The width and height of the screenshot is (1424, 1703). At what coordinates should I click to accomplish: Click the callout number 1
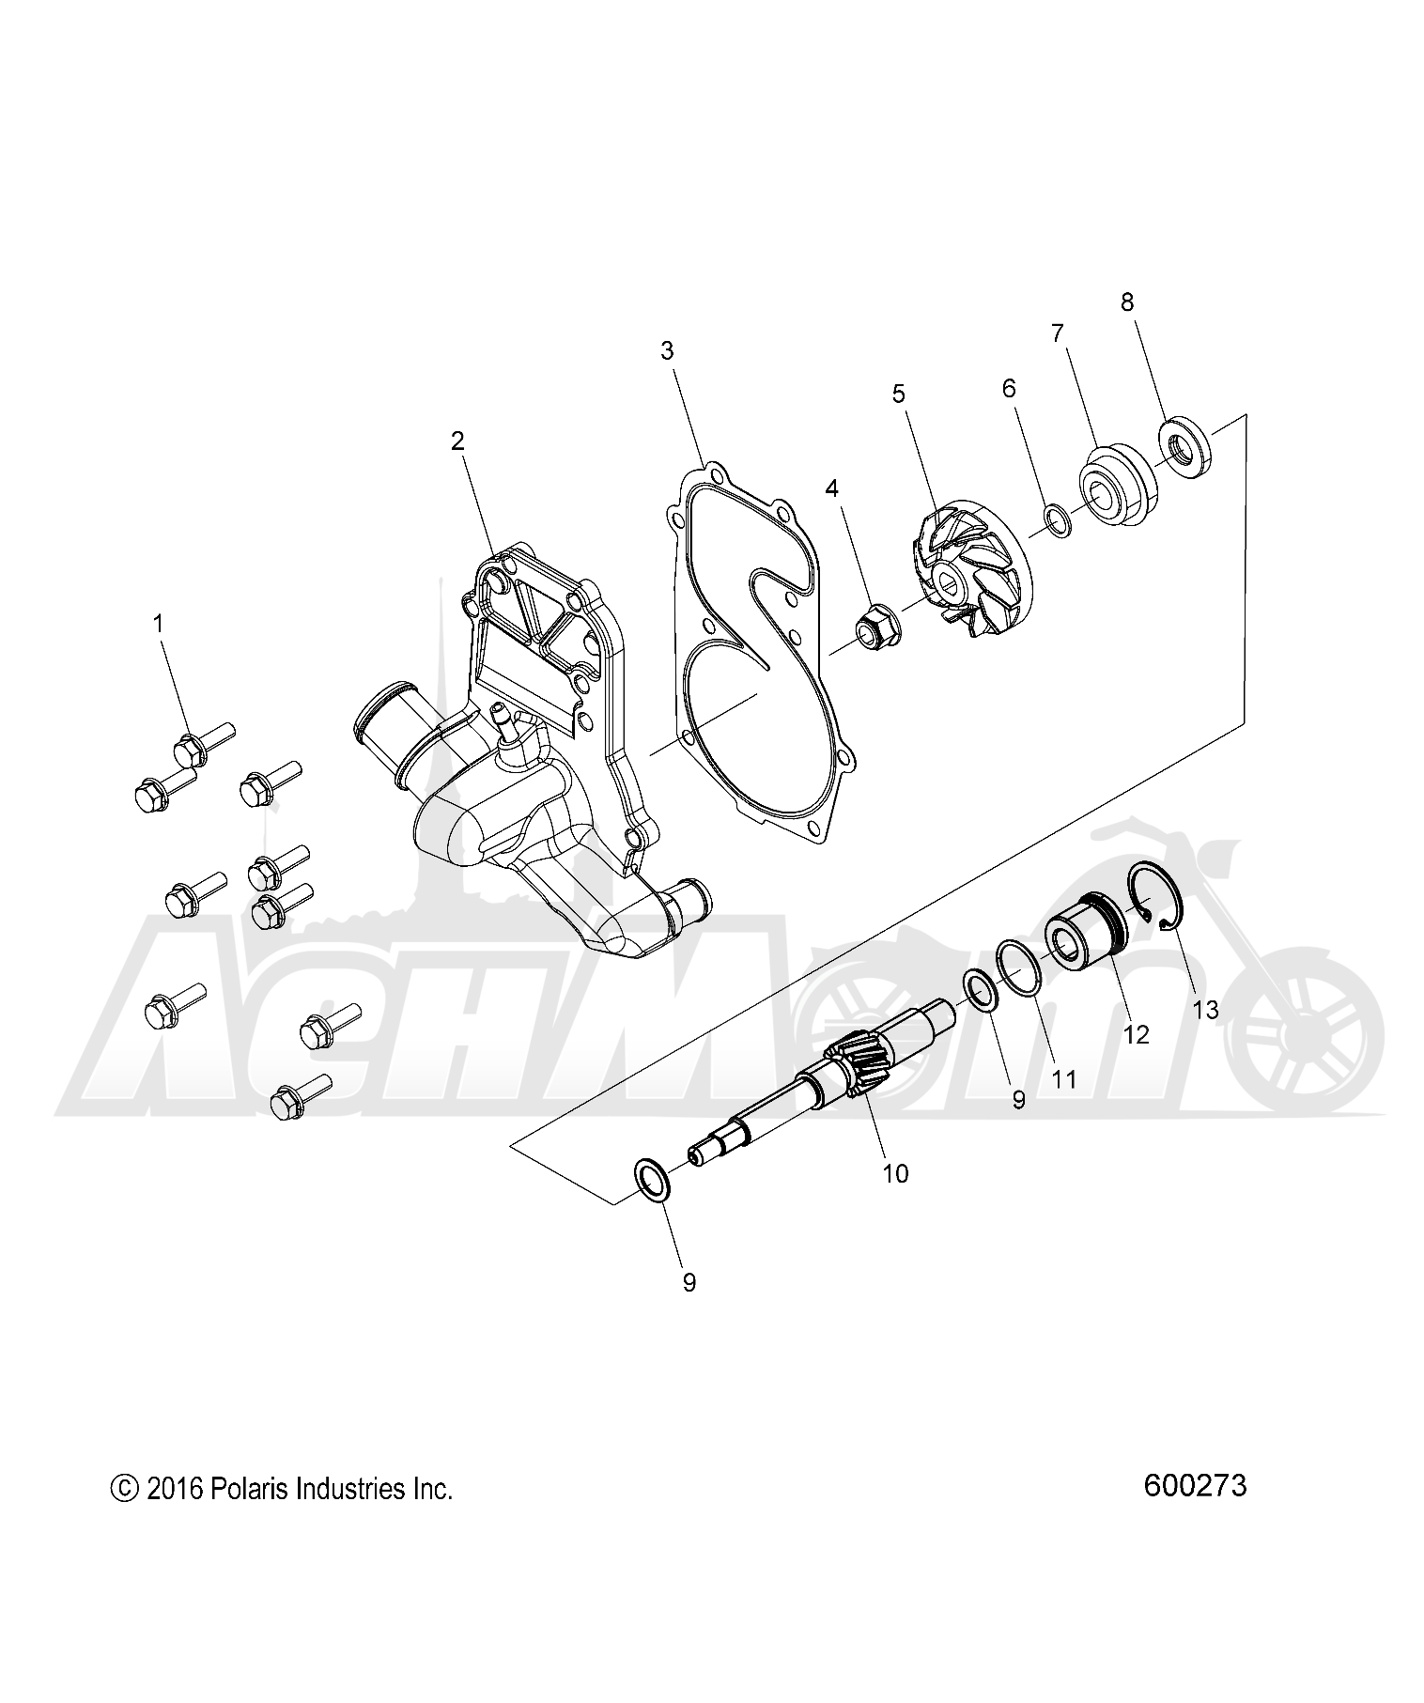coord(159,622)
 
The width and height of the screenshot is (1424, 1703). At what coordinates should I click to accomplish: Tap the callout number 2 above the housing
coord(457,441)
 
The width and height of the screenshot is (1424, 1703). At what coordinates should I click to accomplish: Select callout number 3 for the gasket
coord(666,351)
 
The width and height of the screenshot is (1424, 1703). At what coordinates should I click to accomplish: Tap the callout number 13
coord(1205,1010)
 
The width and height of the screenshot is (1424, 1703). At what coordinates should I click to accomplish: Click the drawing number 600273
coord(1195,1485)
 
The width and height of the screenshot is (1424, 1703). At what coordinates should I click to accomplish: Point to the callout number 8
coord(1126,302)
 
